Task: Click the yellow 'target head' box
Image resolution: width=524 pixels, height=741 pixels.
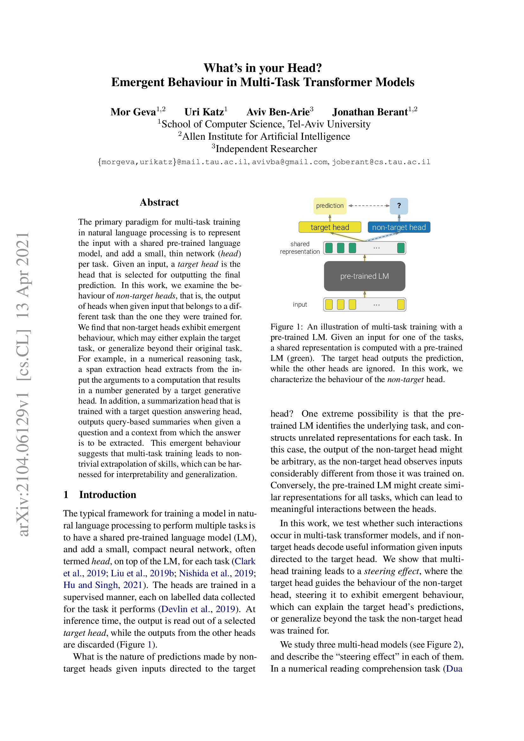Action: pos(329,227)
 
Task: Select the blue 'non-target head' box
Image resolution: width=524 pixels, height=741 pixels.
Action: pos(399,227)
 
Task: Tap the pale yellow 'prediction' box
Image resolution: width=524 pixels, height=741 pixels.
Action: pos(329,206)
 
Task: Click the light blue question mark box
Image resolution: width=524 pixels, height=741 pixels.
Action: pos(399,206)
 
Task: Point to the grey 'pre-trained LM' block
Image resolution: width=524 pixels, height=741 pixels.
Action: pos(364,276)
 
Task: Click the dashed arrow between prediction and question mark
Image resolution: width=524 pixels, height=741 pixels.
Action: pos(369,206)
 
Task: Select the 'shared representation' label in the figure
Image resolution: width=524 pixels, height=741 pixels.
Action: pos(299,248)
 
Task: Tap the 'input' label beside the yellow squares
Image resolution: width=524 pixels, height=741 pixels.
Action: pos(300,305)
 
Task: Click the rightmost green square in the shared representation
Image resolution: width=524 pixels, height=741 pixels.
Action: pos(401,248)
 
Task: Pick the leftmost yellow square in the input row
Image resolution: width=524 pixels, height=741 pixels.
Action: pos(329,305)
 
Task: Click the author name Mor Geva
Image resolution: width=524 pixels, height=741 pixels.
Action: pos(133,112)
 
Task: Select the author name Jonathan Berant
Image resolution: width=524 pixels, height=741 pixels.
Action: pos(370,112)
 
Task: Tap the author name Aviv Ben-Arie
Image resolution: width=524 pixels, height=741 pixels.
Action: pos(278,112)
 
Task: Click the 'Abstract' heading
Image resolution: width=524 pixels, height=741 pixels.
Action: pos(159,202)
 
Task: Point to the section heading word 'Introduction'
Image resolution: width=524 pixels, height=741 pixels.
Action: pos(108,495)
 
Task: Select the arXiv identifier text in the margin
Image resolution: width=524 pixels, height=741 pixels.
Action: pos(23,384)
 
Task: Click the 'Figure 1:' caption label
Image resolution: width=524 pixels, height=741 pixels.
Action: pos(286,327)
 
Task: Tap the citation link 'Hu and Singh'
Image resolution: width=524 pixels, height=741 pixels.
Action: pos(90,585)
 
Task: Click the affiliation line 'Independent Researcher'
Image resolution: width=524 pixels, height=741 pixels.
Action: pos(266,149)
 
